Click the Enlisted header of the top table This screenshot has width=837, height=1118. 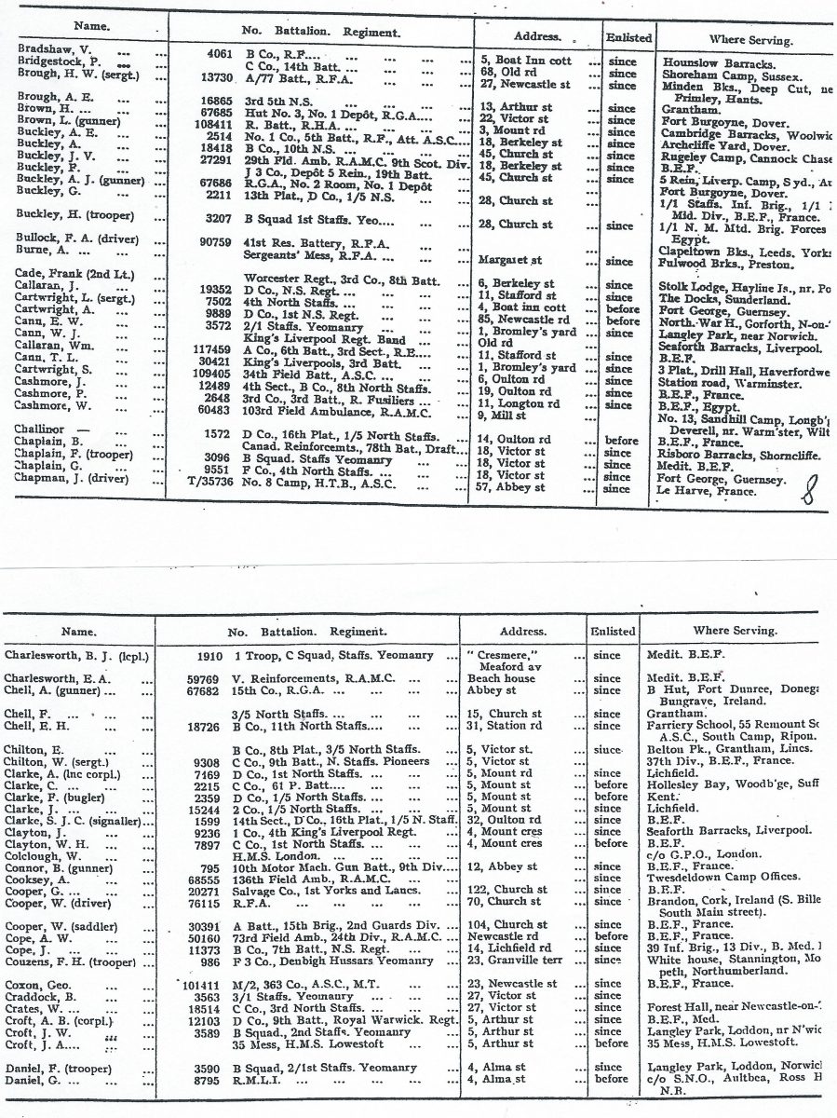(x=628, y=38)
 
